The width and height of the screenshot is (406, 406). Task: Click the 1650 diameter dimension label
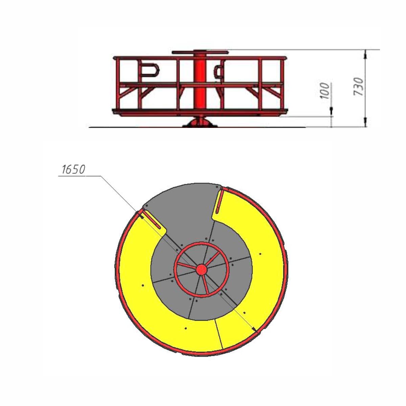point(73,170)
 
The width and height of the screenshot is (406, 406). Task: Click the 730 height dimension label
point(358,87)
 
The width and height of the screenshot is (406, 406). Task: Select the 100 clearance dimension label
point(325,91)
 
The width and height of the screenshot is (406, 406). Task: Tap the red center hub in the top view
point(202,270)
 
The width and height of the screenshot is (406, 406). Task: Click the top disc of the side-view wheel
point(200,52)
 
